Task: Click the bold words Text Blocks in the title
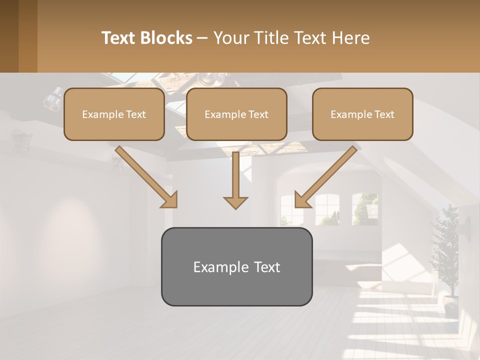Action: point(147,38)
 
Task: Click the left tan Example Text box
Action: point(114,114)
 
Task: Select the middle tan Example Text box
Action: point(236,114)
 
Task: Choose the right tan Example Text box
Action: point(362,114)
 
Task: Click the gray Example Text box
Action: point(236,266)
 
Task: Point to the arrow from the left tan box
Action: point(145,176)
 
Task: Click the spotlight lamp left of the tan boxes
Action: point(52,98)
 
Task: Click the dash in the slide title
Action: point(202,38)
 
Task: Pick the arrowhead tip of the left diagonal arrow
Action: point(175,206)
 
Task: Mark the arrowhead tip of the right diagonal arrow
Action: point(296,206)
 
